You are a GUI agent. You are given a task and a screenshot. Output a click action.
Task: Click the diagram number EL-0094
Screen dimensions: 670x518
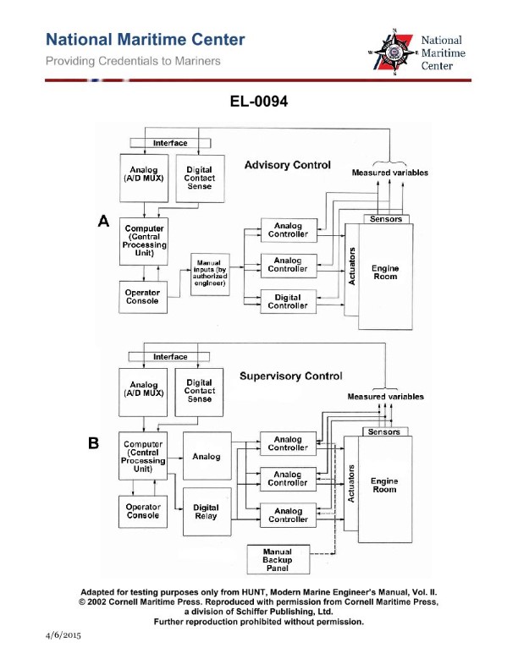[259, 102]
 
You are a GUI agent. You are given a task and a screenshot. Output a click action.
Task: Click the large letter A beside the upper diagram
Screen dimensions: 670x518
[103, 222]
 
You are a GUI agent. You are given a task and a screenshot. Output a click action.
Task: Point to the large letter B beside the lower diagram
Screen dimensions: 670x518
[94, 442]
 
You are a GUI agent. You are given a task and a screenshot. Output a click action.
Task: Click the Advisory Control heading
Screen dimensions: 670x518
[287, 164]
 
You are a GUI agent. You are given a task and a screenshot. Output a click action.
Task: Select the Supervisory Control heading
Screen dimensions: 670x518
[290, 376]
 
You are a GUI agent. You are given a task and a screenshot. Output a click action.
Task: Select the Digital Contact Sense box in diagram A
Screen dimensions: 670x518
[200, 178]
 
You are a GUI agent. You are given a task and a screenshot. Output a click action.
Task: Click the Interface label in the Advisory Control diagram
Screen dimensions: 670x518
[170, 143]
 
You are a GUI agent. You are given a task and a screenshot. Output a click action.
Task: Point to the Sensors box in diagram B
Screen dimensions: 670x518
[386, 431]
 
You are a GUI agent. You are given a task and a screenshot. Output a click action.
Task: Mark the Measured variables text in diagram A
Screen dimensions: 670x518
[389, 173]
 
